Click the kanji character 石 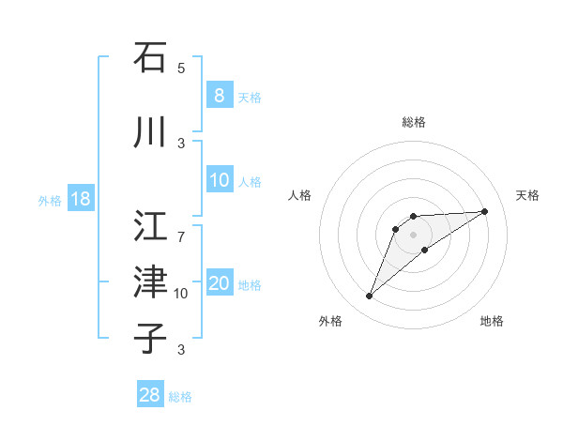pos(150,57)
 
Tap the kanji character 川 pos(150,133)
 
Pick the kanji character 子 pos(150,337)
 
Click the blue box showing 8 pos(219,95)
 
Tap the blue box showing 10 pos(219,181)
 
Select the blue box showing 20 pos(219,284)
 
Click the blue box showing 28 pos(150,395)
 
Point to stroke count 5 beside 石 pos(181,68)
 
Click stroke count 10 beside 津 pos(181,294)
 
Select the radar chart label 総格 pos(414,122)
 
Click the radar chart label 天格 pos(528,195)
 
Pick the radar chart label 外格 pos(330,321)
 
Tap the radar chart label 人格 pos(300,195)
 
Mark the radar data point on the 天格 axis pos(485,211)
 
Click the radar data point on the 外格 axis pos(369,297)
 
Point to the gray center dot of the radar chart pos(414,235)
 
